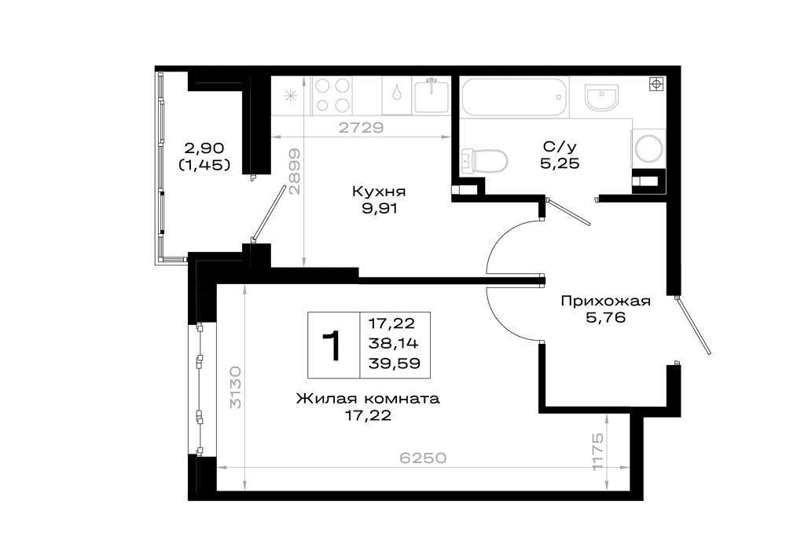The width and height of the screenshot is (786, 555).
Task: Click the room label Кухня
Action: tap(379, 192)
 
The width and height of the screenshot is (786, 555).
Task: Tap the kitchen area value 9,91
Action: tap(380, 209)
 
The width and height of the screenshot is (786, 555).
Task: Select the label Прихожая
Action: tap(605, 301)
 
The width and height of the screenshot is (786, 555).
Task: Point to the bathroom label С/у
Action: tap(560, 146)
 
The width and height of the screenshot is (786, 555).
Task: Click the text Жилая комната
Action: tap(368, 399)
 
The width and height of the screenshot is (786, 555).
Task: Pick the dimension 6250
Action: tap(423, 458)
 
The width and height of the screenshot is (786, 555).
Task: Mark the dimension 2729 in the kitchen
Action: tap(361, 128)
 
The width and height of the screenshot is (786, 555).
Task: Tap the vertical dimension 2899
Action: tap(295, 171)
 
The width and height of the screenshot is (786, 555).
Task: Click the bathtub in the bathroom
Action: tap(514, 97)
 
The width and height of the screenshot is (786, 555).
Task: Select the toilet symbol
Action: tap(483, 161)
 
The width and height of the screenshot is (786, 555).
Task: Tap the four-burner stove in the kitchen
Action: tap(332, 95)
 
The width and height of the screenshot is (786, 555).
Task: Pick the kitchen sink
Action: tap(431, 96)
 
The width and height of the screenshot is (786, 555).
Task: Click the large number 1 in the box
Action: tap(332, 345)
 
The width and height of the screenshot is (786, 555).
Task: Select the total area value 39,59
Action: tap(394, 363)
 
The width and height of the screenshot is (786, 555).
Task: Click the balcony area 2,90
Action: tap(204, 148)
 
